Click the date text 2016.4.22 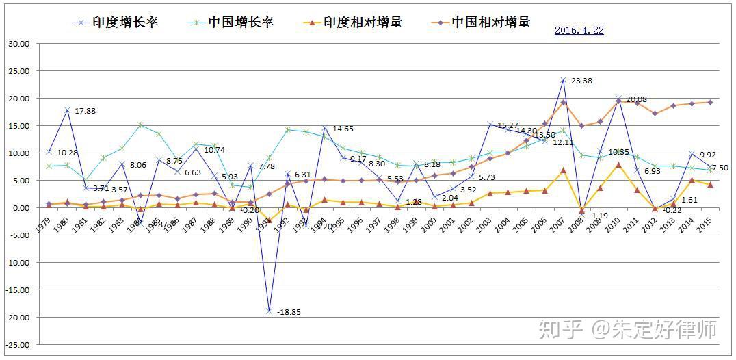tap(579, 31)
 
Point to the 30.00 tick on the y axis tap(19, 44)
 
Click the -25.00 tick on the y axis tap(18, 345)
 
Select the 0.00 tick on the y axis tap(21, 208)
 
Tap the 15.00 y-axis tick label tap(19, 126)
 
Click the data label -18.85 tap(289, 312)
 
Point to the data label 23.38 tap(581, 81)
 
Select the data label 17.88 tap(86, 112)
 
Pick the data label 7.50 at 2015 tap(720, 168)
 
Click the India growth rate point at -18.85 tap(270, 311)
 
